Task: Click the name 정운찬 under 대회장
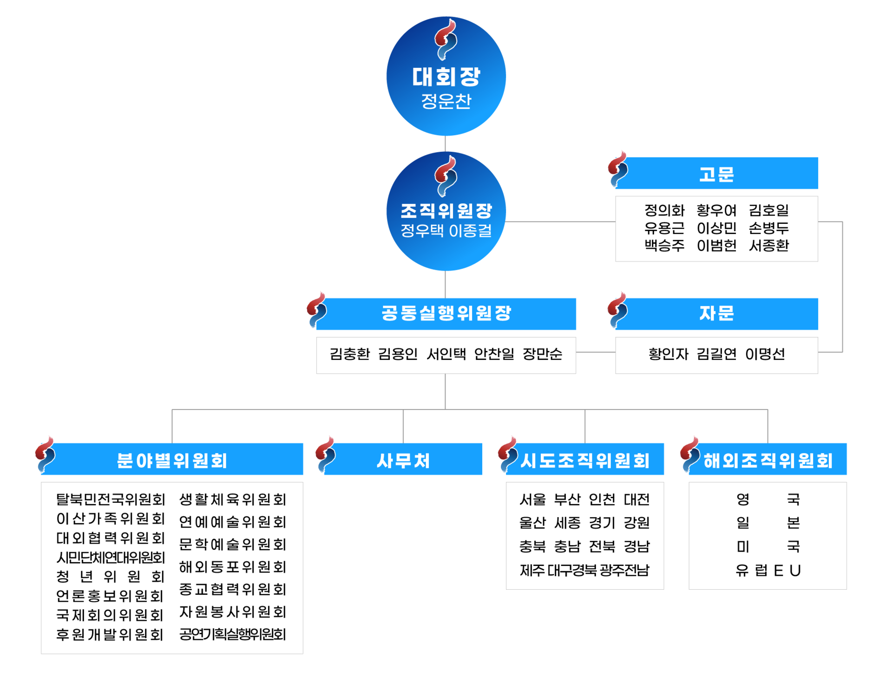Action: coord(446,101)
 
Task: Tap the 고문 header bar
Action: coord(716,174)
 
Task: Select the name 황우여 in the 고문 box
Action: coord(716,210)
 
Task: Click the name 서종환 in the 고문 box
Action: coord(769,245)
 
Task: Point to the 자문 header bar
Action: coord(716,313)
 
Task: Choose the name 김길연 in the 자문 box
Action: coord(716,354)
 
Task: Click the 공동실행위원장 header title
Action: coord(446,313)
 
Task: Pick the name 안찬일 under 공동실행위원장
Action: coord(494,354)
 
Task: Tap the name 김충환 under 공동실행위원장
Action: coord(350,354)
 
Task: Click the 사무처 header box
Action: coord(403,460)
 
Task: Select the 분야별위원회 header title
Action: coord(172,460)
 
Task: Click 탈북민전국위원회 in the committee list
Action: coord(111,500)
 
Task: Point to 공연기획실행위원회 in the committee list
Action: coord(232,634)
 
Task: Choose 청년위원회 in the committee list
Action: coord(111,577)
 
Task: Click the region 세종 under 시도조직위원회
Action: coord(567,523)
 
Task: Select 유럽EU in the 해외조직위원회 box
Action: coord(768,570)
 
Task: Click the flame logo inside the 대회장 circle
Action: coord(446,40)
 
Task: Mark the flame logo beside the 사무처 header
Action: coord(325,454)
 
